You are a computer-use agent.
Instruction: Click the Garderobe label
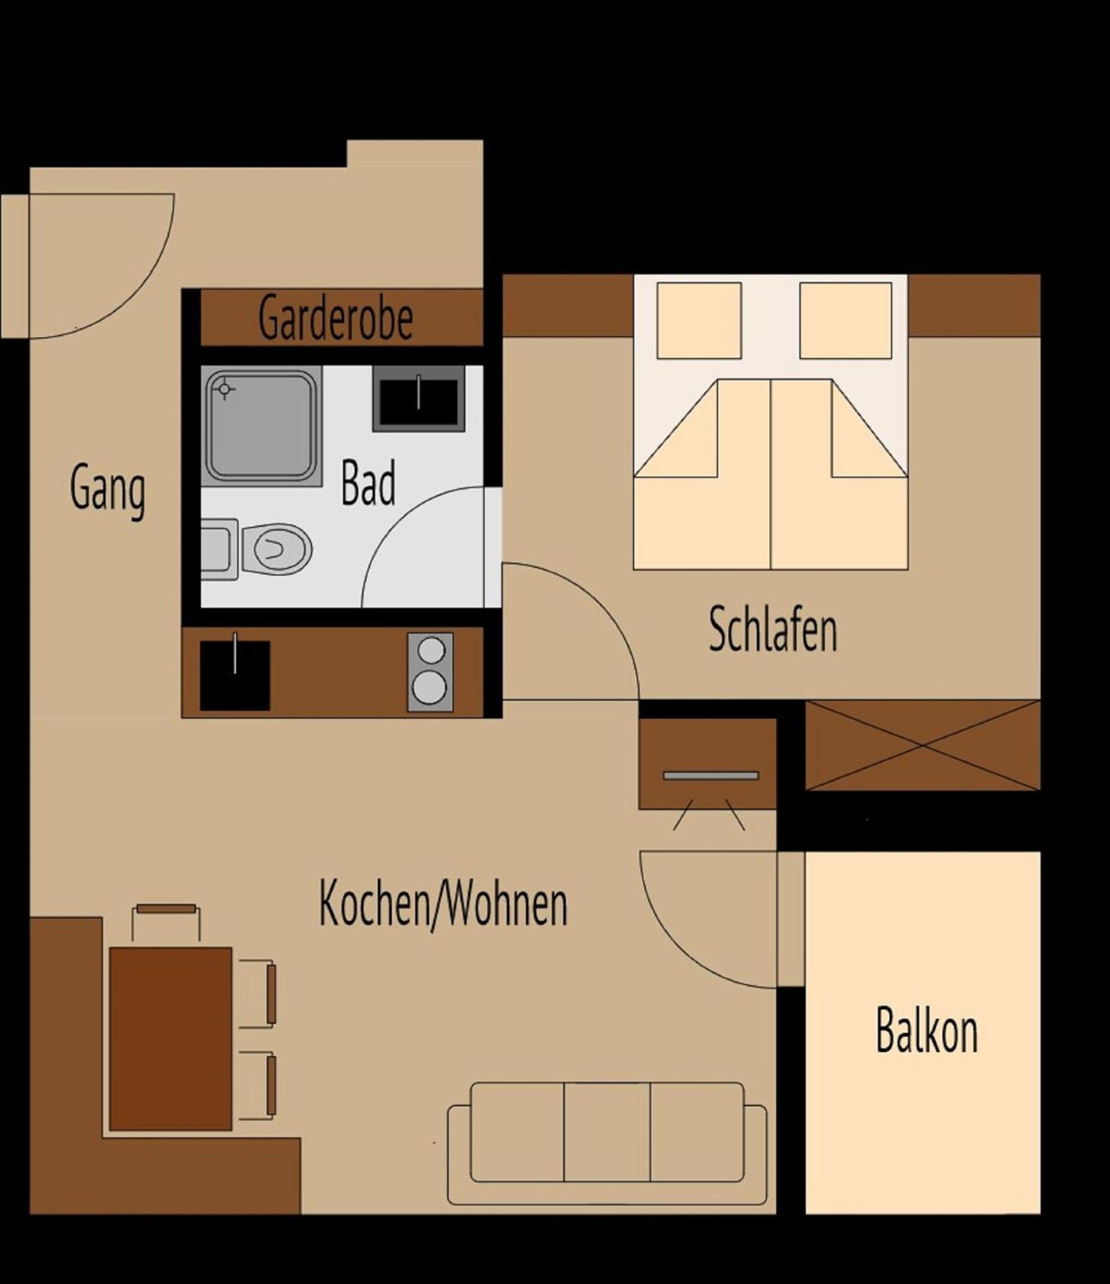[x=335, y=318]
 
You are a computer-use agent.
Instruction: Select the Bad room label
[x=368, y=483]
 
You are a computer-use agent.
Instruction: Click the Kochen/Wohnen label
[x=443, y=904]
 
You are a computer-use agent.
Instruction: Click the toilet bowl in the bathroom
[x=278, y=548]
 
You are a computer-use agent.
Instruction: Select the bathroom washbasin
[x=418, y=398]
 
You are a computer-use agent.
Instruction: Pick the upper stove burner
[x=431, y=649]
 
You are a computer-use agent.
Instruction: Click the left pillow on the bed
[x=699, y=320]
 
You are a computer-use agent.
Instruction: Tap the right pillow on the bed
[x=845, y=320]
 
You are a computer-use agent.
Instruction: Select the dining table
[x=171, y=1038]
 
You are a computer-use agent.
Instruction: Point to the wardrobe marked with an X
[x=923, y=745]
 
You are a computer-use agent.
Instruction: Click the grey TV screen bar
[x=711, y=776]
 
